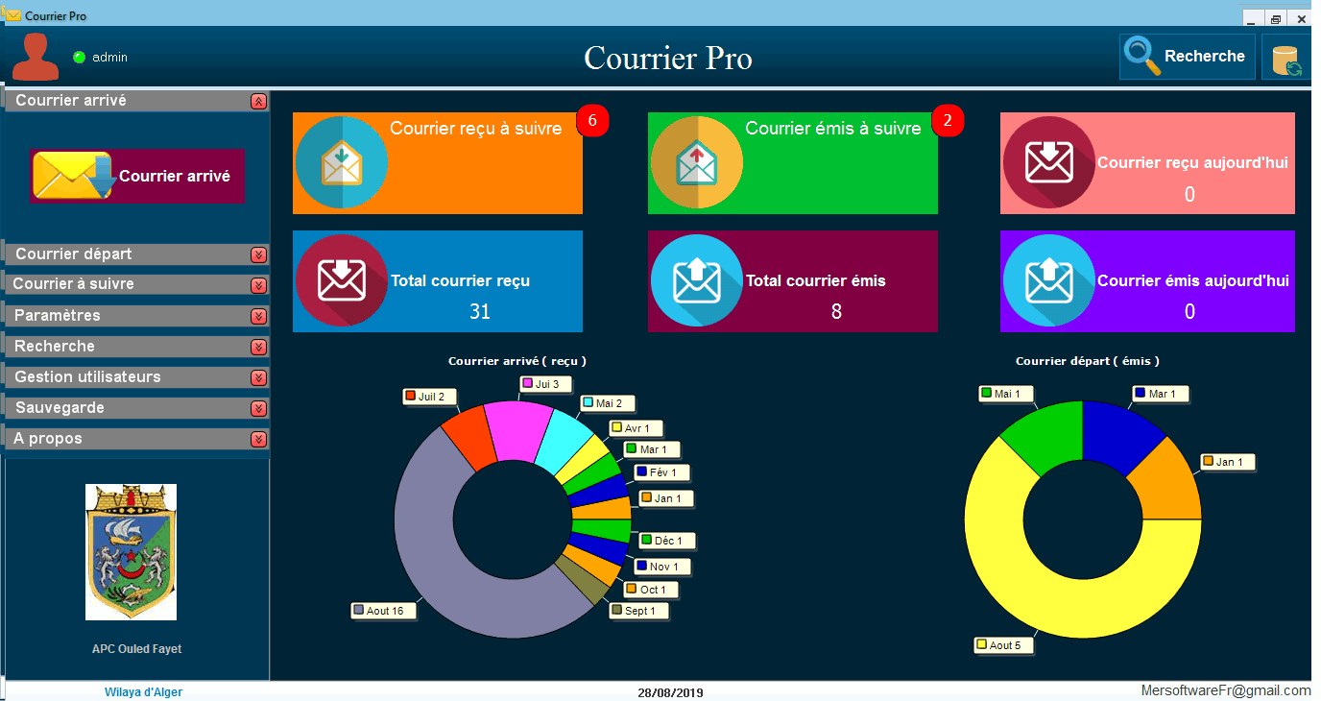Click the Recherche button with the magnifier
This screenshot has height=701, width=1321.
[1187, 57]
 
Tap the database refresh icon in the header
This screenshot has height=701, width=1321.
[1285, 59]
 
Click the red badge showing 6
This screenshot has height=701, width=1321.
[592, 121]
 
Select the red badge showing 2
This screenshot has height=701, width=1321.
[948, 121]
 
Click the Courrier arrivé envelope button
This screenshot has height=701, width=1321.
[137, 176]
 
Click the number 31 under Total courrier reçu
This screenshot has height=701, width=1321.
[480, 312]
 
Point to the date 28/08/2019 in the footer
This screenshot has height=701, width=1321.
[670, 692]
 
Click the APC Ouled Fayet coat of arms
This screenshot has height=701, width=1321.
[131, 551]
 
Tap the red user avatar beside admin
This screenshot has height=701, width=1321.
[36, 58]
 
